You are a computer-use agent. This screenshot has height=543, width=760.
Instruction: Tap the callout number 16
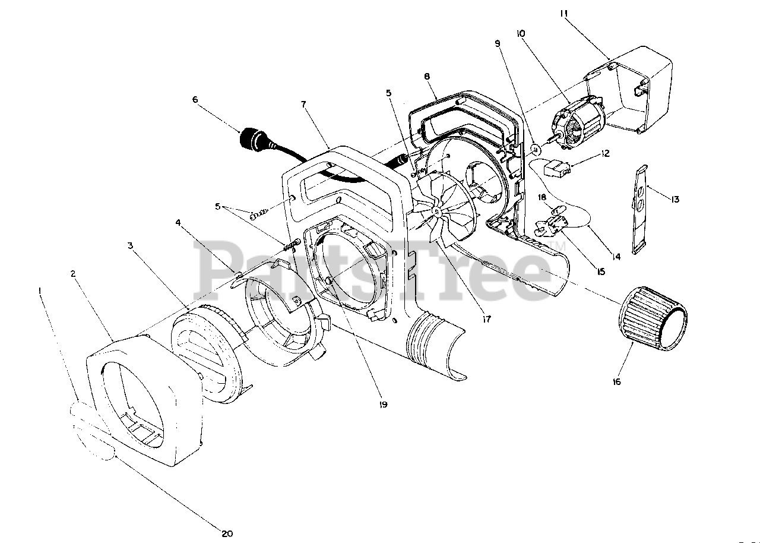click(617, 382)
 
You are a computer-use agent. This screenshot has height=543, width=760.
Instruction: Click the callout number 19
click(383, 405)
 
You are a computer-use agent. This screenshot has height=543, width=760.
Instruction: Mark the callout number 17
click(487, 319)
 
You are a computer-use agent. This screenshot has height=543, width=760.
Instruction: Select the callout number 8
click(427, 77)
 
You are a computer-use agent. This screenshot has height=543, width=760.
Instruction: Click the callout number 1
click(40, 291)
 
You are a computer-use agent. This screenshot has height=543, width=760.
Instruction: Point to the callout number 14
click(615, 257)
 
